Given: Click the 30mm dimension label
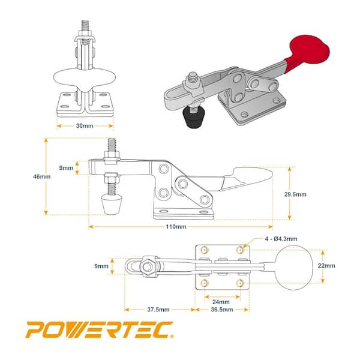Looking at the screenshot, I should [85, 127].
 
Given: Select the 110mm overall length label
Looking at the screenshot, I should [178, 227].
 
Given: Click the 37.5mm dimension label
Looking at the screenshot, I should [157, 310].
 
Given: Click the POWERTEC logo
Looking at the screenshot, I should [100, 329].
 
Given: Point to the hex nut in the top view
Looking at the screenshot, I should [149, 265].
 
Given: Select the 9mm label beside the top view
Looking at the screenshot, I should [101, 265].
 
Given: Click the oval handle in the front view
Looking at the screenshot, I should [85, 77].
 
